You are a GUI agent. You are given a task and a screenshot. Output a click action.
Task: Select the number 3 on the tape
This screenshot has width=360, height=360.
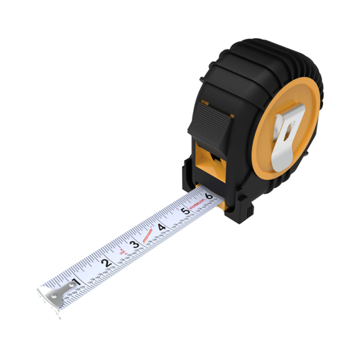tap(134, 244)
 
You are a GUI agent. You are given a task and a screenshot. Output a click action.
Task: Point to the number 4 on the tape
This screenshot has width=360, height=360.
tap(161, 226)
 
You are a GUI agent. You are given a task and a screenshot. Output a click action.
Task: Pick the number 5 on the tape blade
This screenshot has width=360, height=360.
tap(185, 211)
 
